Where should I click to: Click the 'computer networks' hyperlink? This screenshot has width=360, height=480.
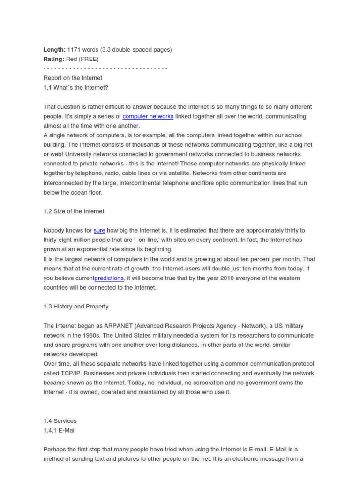[148, 116]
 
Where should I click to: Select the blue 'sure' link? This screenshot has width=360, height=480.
[99, 230]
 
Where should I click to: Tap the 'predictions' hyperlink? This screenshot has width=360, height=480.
[109, 278]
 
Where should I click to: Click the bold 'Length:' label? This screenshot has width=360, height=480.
[54, 49]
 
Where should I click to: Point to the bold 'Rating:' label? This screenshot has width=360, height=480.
[54, 59]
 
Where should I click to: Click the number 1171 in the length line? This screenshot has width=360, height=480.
[75, 49]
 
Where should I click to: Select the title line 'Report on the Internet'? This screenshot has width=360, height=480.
[73, 78]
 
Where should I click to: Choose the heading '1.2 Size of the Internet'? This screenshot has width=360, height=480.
[74, 211]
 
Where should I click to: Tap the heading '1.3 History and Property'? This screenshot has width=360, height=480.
[76, 307]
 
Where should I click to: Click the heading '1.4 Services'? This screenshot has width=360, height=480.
[60, 421]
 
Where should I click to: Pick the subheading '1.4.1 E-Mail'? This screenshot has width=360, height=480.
[60, 430]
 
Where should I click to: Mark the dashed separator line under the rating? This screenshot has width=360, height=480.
[105, 68]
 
